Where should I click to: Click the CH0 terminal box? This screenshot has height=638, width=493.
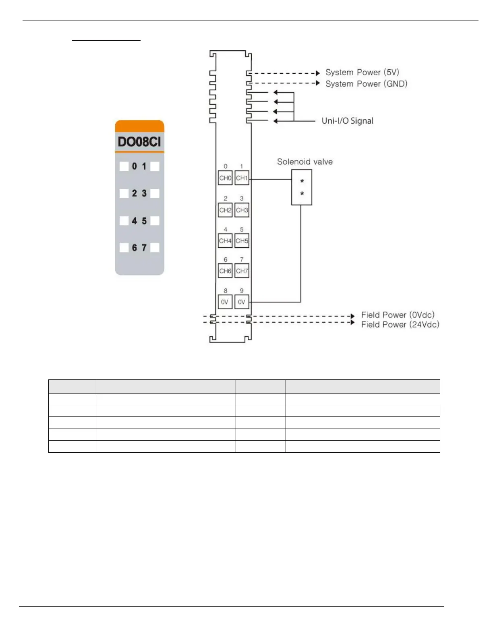pos(225,178)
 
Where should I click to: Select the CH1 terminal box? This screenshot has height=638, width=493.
pos(242,178)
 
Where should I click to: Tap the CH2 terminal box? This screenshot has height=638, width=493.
pos(225,210)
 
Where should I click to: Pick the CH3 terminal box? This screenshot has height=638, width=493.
pos(242,210)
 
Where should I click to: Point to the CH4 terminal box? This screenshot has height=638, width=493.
pos(225,241)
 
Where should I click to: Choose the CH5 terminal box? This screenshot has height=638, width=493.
pos(242,241)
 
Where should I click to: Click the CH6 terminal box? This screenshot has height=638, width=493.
pos(225,271)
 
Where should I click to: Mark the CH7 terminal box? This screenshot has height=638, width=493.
pos(242,271)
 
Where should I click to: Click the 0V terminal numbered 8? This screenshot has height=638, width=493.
pos(225,302)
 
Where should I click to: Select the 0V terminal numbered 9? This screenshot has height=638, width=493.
pos(242,302)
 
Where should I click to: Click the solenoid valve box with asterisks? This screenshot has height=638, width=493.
pos(302,187)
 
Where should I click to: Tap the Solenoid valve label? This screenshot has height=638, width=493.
pos(305,162)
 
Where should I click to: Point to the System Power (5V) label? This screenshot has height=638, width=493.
pos(362,72)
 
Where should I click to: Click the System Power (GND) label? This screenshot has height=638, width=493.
pos(366,84)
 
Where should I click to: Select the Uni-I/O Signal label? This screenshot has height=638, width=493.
pos(347,121)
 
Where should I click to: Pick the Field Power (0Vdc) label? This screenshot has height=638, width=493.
pos(398,315)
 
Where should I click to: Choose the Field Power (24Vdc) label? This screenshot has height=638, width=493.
pos(400,325)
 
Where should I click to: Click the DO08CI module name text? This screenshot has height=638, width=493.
pos(139,142)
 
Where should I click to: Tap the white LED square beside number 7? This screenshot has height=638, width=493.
pos(155,247)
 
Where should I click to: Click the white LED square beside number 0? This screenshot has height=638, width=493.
pos(124,166)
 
